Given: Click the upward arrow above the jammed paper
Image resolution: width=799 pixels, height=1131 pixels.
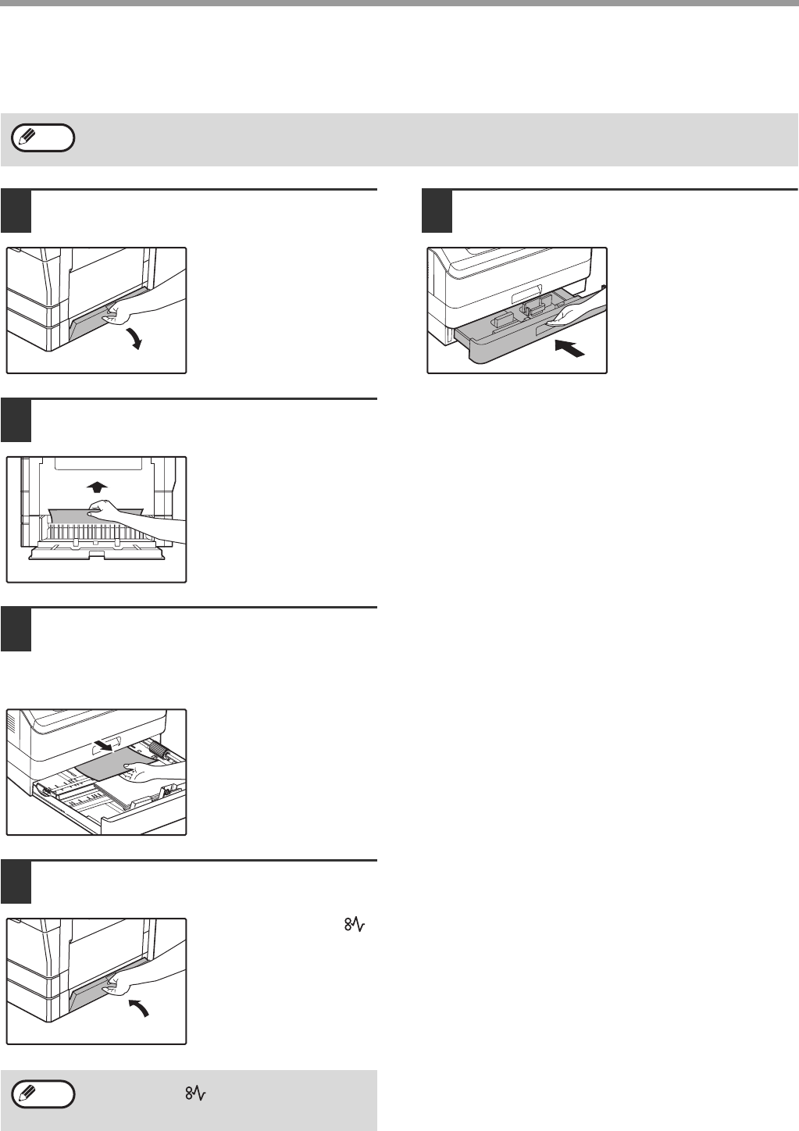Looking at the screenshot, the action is point(95,487).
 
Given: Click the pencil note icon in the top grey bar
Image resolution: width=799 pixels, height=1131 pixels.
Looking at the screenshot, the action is point(44,139).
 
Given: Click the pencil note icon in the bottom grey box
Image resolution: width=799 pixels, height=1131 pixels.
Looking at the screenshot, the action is point(44,1095).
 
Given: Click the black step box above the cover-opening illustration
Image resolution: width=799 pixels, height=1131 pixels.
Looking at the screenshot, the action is point(16,212).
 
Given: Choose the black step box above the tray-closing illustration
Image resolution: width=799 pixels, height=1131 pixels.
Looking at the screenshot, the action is point(437,212).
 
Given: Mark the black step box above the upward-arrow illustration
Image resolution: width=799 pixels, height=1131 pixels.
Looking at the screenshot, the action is point(16,421).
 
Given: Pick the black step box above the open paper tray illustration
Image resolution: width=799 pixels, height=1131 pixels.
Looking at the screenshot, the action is point(16,630).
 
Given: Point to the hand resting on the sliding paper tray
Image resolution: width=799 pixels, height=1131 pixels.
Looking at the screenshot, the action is point(566,316).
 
